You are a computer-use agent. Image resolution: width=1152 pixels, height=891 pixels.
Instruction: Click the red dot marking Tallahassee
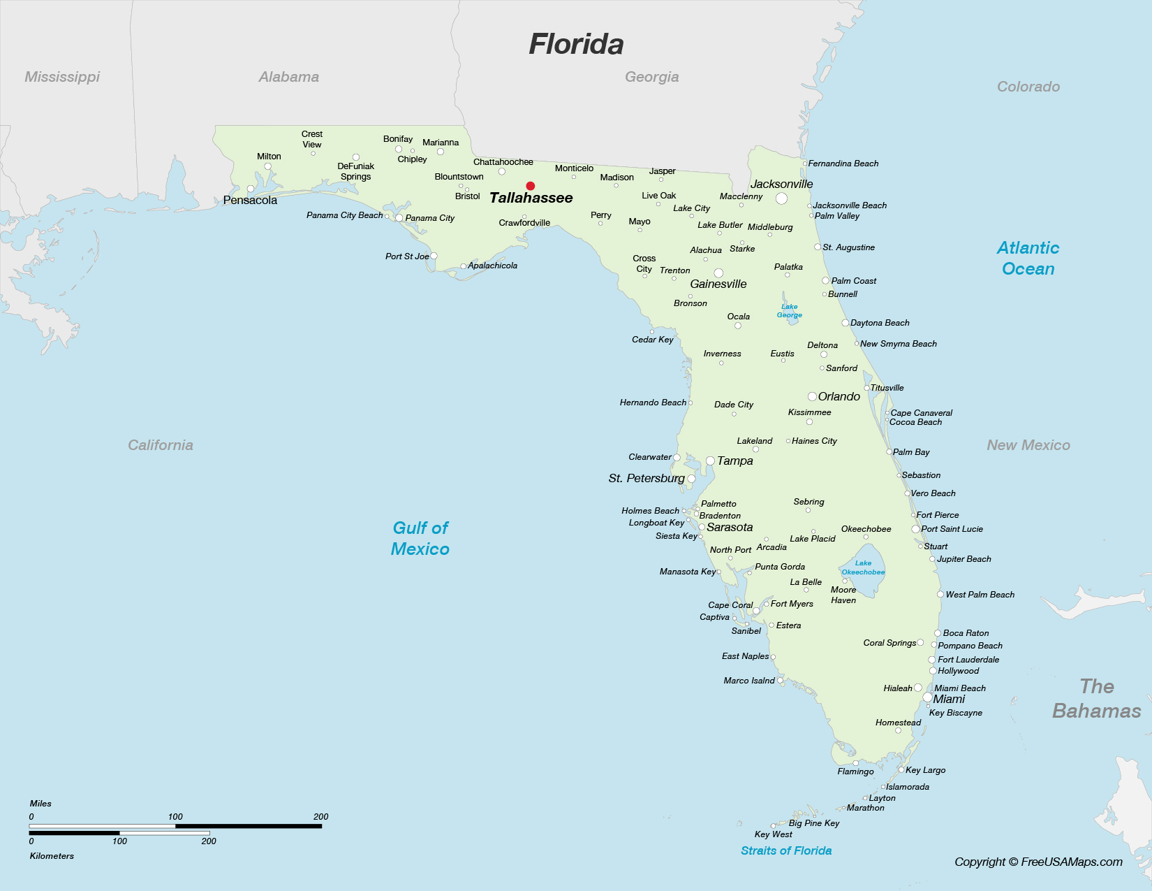tap(531, 186)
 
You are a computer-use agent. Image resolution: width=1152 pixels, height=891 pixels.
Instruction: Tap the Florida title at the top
tap(576, 44)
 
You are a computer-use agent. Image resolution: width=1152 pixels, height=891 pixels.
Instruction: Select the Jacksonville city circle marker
tap(781, 198)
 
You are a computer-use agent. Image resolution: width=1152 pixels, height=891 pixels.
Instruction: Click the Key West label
tap(773, 834)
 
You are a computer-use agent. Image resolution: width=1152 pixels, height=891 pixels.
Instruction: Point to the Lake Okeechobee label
tap(863, 567)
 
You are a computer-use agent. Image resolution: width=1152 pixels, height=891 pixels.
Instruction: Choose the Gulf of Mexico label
tap(420, 538)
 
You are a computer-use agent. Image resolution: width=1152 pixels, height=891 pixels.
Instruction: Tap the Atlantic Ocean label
tap(1028, 258)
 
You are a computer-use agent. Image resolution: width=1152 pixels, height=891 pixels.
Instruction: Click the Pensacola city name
tap(250, 201)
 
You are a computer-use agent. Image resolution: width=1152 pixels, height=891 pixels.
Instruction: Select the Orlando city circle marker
tap(812, 397)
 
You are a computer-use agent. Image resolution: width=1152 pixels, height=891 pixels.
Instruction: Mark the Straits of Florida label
tap(786, 850)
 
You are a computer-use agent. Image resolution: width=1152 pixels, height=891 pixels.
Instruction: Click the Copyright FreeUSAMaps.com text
tap(1038, 862)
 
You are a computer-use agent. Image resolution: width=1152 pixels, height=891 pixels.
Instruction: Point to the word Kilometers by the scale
tap(52, 856)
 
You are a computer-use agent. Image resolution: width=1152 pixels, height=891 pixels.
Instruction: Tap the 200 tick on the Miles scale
tap(320, 817)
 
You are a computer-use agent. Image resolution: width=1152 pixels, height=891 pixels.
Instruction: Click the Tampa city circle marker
tap(710, 461)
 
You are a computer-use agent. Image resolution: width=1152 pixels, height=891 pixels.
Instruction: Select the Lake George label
tap(790, 311)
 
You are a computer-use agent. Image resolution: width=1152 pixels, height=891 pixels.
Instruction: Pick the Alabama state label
tap(288, 77)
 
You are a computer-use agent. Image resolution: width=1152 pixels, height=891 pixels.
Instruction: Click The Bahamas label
tap(1096, 699)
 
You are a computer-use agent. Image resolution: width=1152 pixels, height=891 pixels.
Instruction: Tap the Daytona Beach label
tap(880, 323)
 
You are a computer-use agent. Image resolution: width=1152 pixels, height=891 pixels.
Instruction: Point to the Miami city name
tap(949, 700)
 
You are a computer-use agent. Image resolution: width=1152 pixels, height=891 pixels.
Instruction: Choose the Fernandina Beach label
tap(843, 164)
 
